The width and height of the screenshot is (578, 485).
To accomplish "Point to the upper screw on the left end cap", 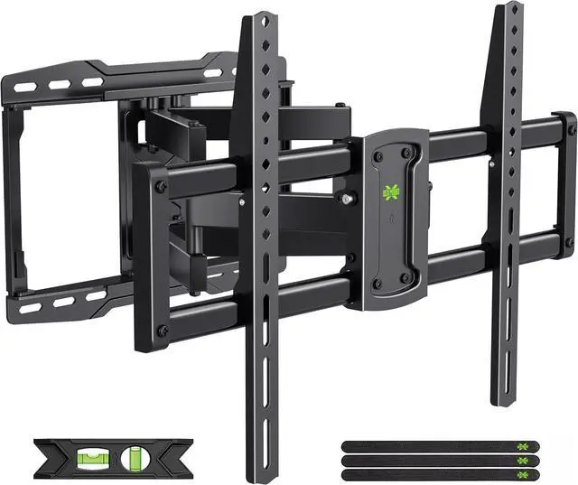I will point(162,187).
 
